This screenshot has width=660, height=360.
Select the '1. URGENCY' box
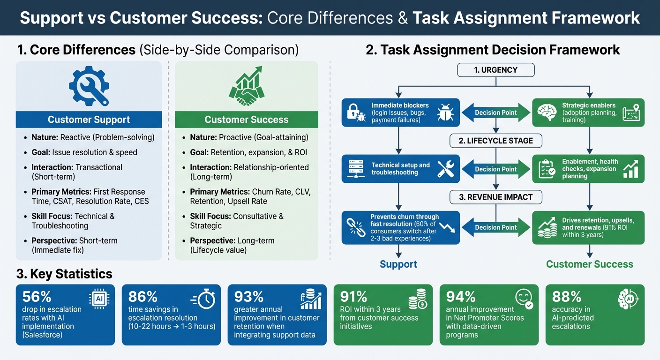495,70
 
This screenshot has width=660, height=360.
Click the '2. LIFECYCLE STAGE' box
495,141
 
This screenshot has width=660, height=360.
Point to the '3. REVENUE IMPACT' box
495,197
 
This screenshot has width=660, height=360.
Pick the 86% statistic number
142,297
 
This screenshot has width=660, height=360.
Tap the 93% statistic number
248,297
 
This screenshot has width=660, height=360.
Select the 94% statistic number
460,297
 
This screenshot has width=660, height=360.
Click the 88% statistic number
567,297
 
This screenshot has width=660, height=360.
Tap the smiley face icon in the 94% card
524,299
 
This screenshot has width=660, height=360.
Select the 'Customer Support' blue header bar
89,120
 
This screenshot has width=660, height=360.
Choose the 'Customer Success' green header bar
246,120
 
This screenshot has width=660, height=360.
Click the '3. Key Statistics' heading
64,274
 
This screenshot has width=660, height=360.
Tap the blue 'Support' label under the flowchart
398,264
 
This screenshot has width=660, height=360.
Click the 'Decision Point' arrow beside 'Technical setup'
495,169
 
